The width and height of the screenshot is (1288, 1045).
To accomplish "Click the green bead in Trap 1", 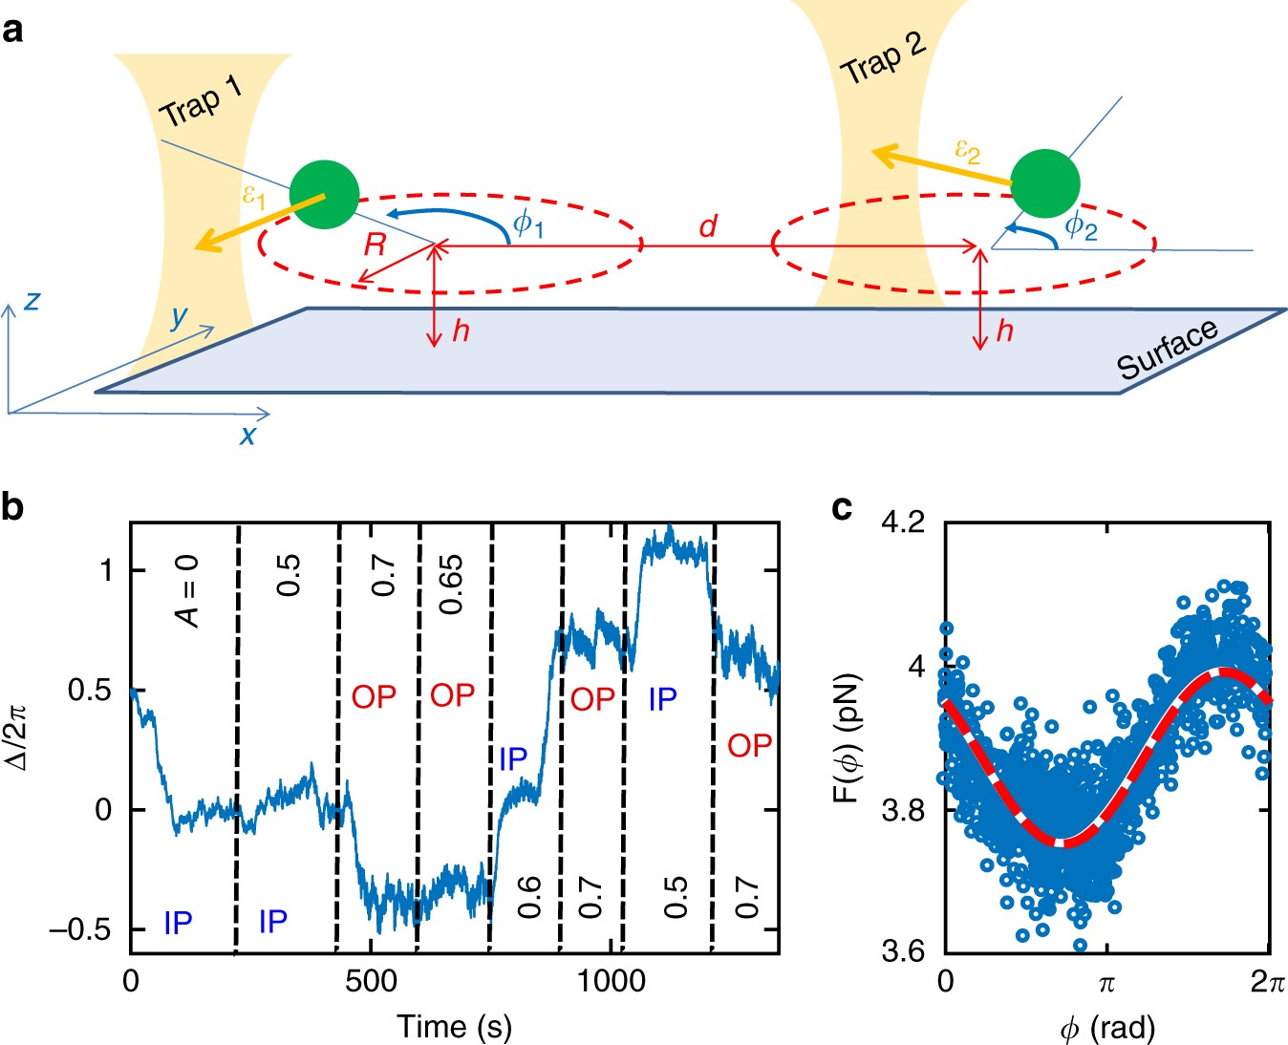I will (x=324, y=195).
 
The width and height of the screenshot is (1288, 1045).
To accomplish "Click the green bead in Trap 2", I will (x=1045, y=183).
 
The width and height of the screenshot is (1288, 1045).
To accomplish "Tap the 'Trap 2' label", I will (x=882, y=58).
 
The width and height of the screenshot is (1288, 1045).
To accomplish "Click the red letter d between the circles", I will (x=707, y=226).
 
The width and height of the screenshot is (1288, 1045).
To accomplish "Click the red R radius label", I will (x=375, y=245).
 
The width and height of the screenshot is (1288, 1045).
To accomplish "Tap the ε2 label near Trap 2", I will (x=967, y=150).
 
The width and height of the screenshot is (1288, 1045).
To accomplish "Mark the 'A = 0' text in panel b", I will (x=188, y=592).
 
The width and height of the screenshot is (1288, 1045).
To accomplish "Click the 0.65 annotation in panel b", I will (x=450, y=584).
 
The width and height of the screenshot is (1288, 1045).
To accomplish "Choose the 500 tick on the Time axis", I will (x=371, y=981).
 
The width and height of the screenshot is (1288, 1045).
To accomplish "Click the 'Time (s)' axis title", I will (x=455, y=1026).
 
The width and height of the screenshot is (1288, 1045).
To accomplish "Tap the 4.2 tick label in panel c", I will (x=903, y=522).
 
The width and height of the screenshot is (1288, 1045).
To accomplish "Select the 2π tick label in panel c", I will (x=1267, y=982).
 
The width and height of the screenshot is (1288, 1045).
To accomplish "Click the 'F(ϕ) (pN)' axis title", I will (x=848, y=738).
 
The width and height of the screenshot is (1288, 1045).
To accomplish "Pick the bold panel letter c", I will (x=842, y=508).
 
